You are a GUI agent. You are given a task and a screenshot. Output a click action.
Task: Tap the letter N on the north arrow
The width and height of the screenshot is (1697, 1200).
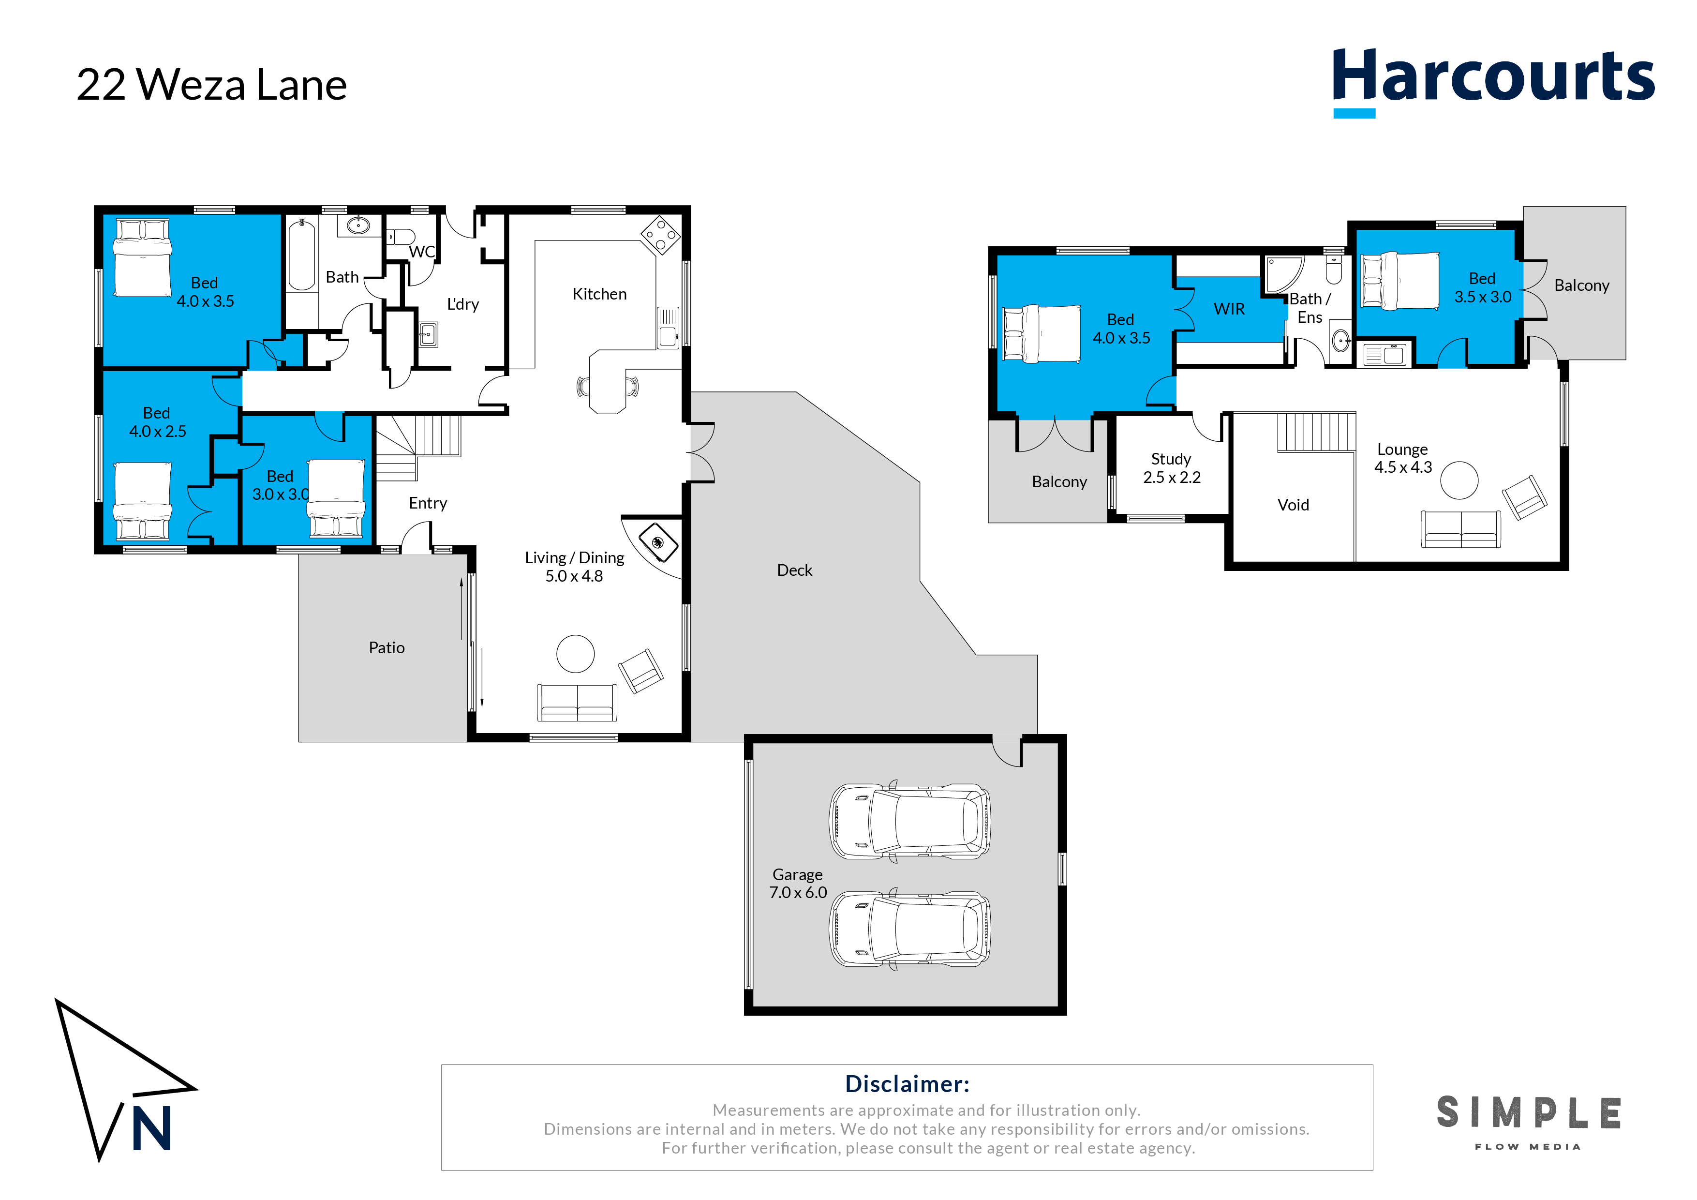tap(151, 1129)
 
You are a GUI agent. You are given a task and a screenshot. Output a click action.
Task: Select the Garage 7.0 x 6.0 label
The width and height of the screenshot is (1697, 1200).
tap(798, 884)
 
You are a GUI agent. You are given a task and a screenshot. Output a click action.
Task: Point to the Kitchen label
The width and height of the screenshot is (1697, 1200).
tap(599, 294)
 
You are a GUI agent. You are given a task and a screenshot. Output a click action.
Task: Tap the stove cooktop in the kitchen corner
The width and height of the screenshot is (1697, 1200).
tap(660, 235)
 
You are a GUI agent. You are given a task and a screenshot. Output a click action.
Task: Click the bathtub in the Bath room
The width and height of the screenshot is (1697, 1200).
tap(301, 255)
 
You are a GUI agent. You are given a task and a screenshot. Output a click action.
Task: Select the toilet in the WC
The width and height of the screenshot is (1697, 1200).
tap(402, 237)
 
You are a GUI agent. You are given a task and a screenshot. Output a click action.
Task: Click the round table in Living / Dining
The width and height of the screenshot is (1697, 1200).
tap(575, 654)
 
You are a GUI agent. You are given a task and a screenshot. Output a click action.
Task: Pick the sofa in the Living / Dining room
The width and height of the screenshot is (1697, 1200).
tap(577, 703)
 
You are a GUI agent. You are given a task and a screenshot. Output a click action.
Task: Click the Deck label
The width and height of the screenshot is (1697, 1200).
tap(794, 570)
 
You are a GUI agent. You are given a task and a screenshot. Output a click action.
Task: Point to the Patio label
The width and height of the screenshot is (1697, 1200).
tap(387, 648)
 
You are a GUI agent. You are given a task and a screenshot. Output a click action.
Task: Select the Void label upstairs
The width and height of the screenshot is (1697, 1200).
tap(1293, 505)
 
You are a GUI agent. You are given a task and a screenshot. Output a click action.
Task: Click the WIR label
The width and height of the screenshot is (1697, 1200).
tap(1229, 309)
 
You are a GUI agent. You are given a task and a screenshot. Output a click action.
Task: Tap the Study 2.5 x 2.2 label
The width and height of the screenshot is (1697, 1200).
tap(1172, 468)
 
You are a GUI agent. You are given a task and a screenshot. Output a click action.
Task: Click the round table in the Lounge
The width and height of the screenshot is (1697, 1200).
tap(1459, 480)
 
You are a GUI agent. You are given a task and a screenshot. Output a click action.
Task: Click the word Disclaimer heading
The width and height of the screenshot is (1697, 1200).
tap(907, 1084)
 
